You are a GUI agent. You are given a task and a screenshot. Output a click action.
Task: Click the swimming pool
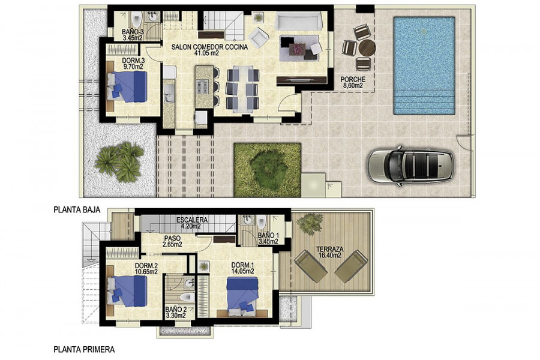coord(424,66)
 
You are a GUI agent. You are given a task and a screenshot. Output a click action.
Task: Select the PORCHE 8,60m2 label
coord(353,83)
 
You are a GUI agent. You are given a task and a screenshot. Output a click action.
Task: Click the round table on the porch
coord(367,47)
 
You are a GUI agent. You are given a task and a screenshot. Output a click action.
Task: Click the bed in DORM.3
coord(127,87)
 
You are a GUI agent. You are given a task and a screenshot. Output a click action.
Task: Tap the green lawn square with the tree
coord(267,170)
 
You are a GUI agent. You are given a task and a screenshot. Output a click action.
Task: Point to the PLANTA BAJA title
coord(77,210)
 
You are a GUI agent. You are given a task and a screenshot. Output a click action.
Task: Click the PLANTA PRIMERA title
coord(84,350)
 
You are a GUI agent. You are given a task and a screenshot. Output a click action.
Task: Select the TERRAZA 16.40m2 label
coord(329,252)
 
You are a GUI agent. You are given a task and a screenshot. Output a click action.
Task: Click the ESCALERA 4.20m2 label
coord(191,223)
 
